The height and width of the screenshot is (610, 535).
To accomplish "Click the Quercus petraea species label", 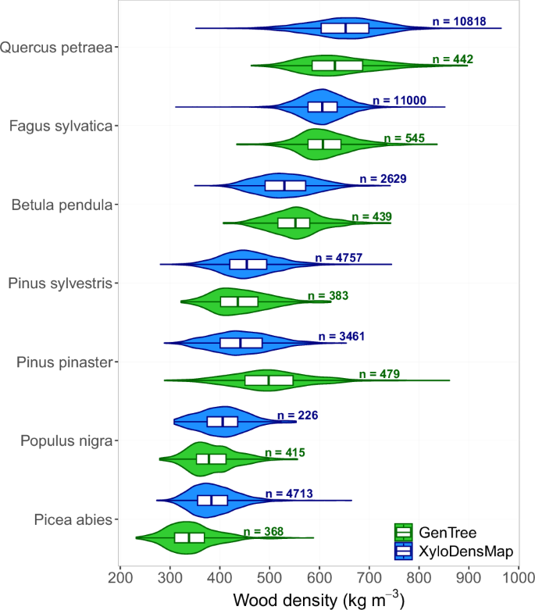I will (x=55, y=47).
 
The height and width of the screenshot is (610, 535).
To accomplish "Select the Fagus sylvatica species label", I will (x=60, y=126).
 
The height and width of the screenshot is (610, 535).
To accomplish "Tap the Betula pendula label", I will (x=62, y=205).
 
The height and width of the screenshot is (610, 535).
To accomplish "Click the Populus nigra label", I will (x=63, y=441).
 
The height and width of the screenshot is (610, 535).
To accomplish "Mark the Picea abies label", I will (x=71, y=520).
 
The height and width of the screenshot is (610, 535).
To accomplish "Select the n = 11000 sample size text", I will (x=401, y=100).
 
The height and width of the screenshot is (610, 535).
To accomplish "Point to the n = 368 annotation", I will (x=263, y=531).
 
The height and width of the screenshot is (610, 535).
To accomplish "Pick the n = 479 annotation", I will (x=380, y=374).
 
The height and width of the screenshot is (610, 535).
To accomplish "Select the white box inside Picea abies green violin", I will (x=189, y=537).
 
